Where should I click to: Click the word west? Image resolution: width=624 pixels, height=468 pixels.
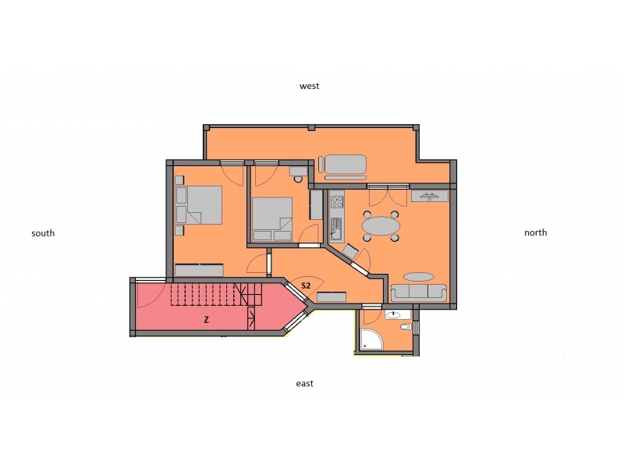[309, 86]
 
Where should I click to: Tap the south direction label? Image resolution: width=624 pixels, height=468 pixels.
[43, 233]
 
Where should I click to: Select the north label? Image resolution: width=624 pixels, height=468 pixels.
[535, 232]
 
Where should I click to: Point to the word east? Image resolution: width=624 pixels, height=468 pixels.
[304, 383]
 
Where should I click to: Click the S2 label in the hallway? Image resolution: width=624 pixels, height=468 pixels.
[306, 285]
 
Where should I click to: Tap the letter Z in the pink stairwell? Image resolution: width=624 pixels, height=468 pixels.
[206, 319]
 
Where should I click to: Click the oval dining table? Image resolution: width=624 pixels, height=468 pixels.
[381, 226]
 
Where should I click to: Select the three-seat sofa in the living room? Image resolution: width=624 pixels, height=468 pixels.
[419, 293]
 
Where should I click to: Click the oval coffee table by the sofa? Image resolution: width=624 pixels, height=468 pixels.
[419, 277]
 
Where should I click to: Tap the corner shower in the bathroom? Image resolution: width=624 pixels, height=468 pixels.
[371, 339]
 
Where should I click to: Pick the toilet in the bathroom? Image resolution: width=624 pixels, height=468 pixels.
[406, 327]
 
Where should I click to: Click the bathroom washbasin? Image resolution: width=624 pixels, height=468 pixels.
[393, 315]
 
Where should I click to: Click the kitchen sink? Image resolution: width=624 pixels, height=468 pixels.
[336, 229]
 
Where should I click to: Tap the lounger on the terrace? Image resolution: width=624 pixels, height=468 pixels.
[342, 164]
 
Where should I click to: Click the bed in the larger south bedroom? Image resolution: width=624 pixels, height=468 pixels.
[199, 205]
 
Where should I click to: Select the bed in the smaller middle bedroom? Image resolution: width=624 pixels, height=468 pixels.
[272, 219]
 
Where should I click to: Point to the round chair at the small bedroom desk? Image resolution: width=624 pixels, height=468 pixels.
[298, 179]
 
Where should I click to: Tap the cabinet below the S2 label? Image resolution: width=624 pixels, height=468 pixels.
[331, 297]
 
